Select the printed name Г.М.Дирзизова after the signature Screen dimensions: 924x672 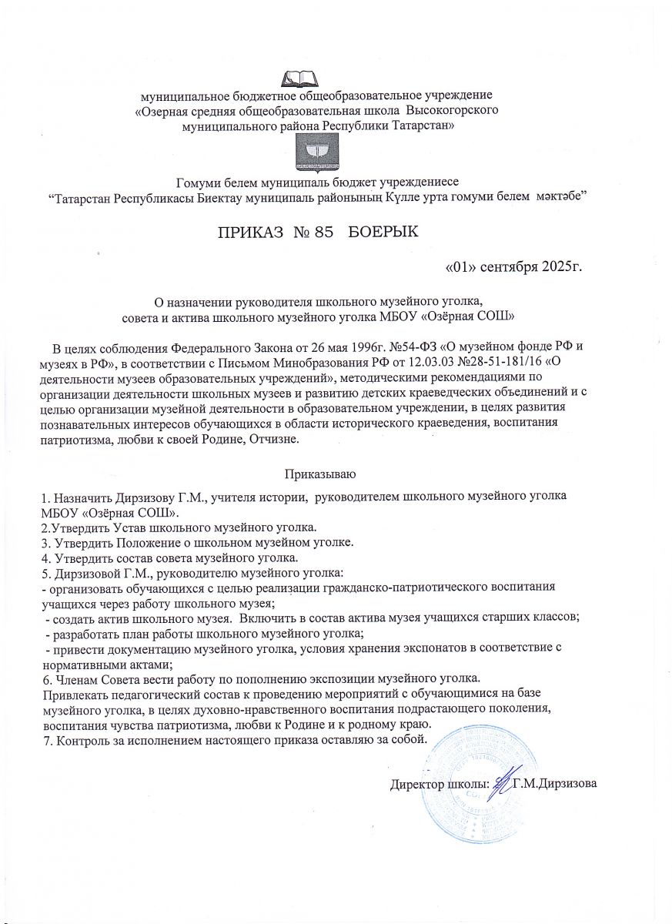point(556,785)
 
